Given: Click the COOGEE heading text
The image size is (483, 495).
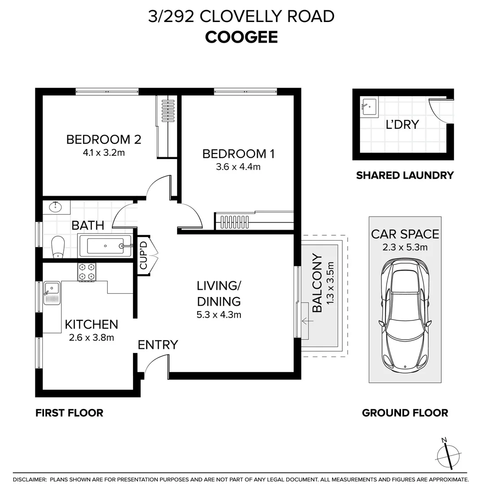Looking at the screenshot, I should point(241,37).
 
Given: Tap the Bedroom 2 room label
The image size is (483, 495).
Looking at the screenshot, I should point(103,139).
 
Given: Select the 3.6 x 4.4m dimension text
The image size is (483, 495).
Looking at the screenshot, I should point(238,167).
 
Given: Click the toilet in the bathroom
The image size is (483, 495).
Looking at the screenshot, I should point(58,247).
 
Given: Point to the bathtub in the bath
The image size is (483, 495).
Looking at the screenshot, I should point(105,246).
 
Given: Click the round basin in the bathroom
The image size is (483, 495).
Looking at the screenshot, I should point(56,208).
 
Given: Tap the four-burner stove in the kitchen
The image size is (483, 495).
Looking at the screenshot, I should point(87,272).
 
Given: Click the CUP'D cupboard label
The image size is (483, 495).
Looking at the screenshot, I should point(143,259).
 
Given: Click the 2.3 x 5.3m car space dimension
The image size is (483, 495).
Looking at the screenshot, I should point(405,248).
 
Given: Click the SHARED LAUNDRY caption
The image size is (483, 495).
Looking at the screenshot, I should point(405,175).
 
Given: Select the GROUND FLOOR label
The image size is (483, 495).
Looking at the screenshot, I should point(405,413).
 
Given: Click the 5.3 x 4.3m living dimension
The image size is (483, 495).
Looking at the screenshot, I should point(219,315).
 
